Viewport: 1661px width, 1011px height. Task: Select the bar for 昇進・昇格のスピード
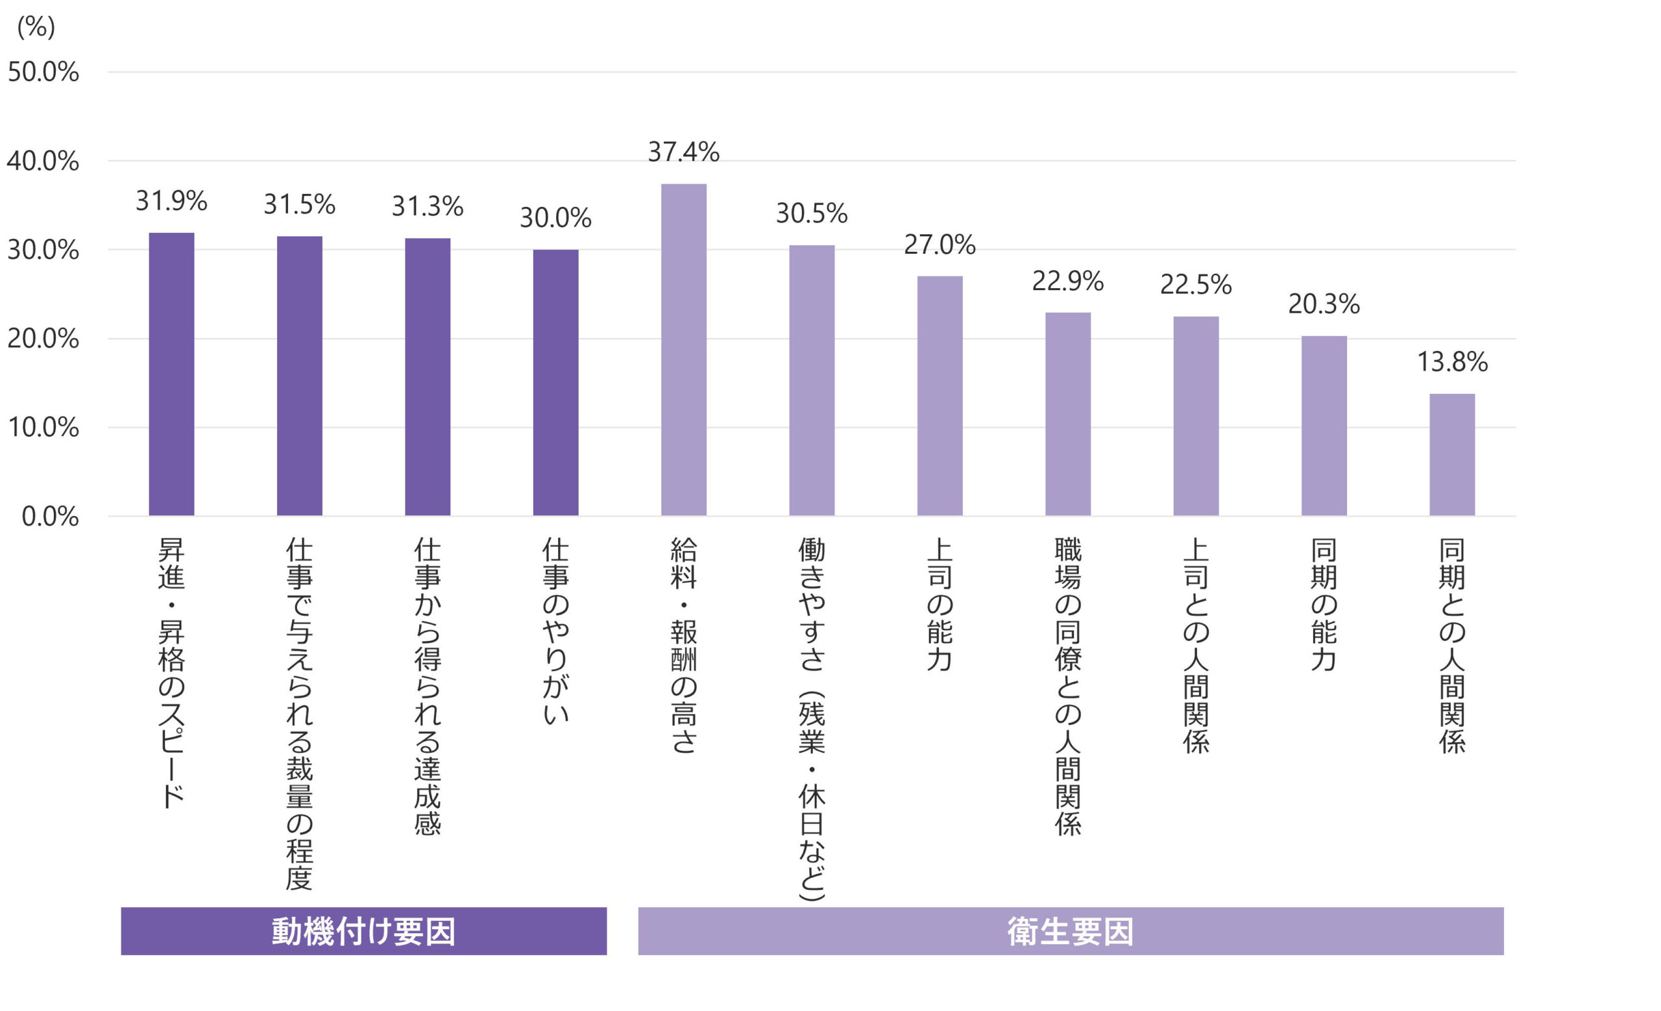pos(171,374)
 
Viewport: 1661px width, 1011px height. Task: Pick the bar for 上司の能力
pos(940,396)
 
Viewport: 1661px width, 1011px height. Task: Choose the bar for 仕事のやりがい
pos(555,382)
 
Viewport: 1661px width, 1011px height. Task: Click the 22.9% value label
pos(1068,281)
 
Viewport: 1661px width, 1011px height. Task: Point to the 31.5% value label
pos(299,204)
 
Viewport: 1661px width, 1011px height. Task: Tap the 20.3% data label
pos(1324,304)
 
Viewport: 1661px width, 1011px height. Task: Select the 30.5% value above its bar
pos(812,213)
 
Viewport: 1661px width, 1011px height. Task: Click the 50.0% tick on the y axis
pos(43,72)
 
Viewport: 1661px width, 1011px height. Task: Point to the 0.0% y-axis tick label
pos(50,517)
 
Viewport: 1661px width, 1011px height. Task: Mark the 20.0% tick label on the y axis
pos(43,338)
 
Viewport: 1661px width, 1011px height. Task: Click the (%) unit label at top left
pos(36,27)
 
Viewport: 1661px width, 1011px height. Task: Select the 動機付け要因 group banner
pos(363,931)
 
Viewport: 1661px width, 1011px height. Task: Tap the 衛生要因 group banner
pos(1071,931)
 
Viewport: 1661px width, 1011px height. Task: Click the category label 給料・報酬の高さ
pos(684,644)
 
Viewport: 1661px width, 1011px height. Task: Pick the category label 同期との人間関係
pos(1452,644)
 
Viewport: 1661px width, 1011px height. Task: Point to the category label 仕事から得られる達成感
pos(428,685)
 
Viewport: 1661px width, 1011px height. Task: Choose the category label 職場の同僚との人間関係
pos(1068,685)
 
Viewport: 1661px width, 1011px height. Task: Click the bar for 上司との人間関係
pos(1196,416)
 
